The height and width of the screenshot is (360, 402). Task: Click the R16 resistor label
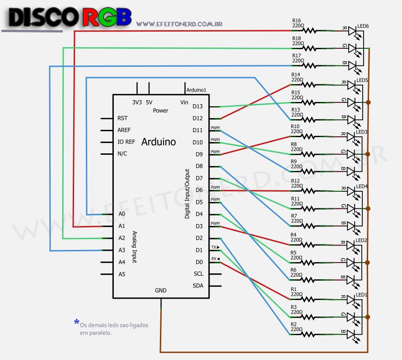296,21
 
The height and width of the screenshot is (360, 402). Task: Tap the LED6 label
363,27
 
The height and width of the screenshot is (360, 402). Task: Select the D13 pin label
197,106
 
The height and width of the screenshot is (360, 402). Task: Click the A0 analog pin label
122,214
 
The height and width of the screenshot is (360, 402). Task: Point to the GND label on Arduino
160,291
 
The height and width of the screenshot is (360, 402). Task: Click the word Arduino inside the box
159,142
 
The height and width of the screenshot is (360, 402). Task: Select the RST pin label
122,118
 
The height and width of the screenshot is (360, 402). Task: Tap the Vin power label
184,102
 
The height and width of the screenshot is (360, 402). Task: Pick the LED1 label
362,295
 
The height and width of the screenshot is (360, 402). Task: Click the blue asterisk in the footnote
76,322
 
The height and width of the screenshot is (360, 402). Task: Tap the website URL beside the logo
179,24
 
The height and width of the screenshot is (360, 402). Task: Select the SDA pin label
198,286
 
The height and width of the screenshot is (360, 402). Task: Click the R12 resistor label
295,181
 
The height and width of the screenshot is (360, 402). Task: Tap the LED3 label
362,132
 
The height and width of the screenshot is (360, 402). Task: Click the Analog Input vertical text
134,247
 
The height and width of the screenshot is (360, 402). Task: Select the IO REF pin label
126,142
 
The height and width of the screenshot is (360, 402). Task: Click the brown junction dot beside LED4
369,208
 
